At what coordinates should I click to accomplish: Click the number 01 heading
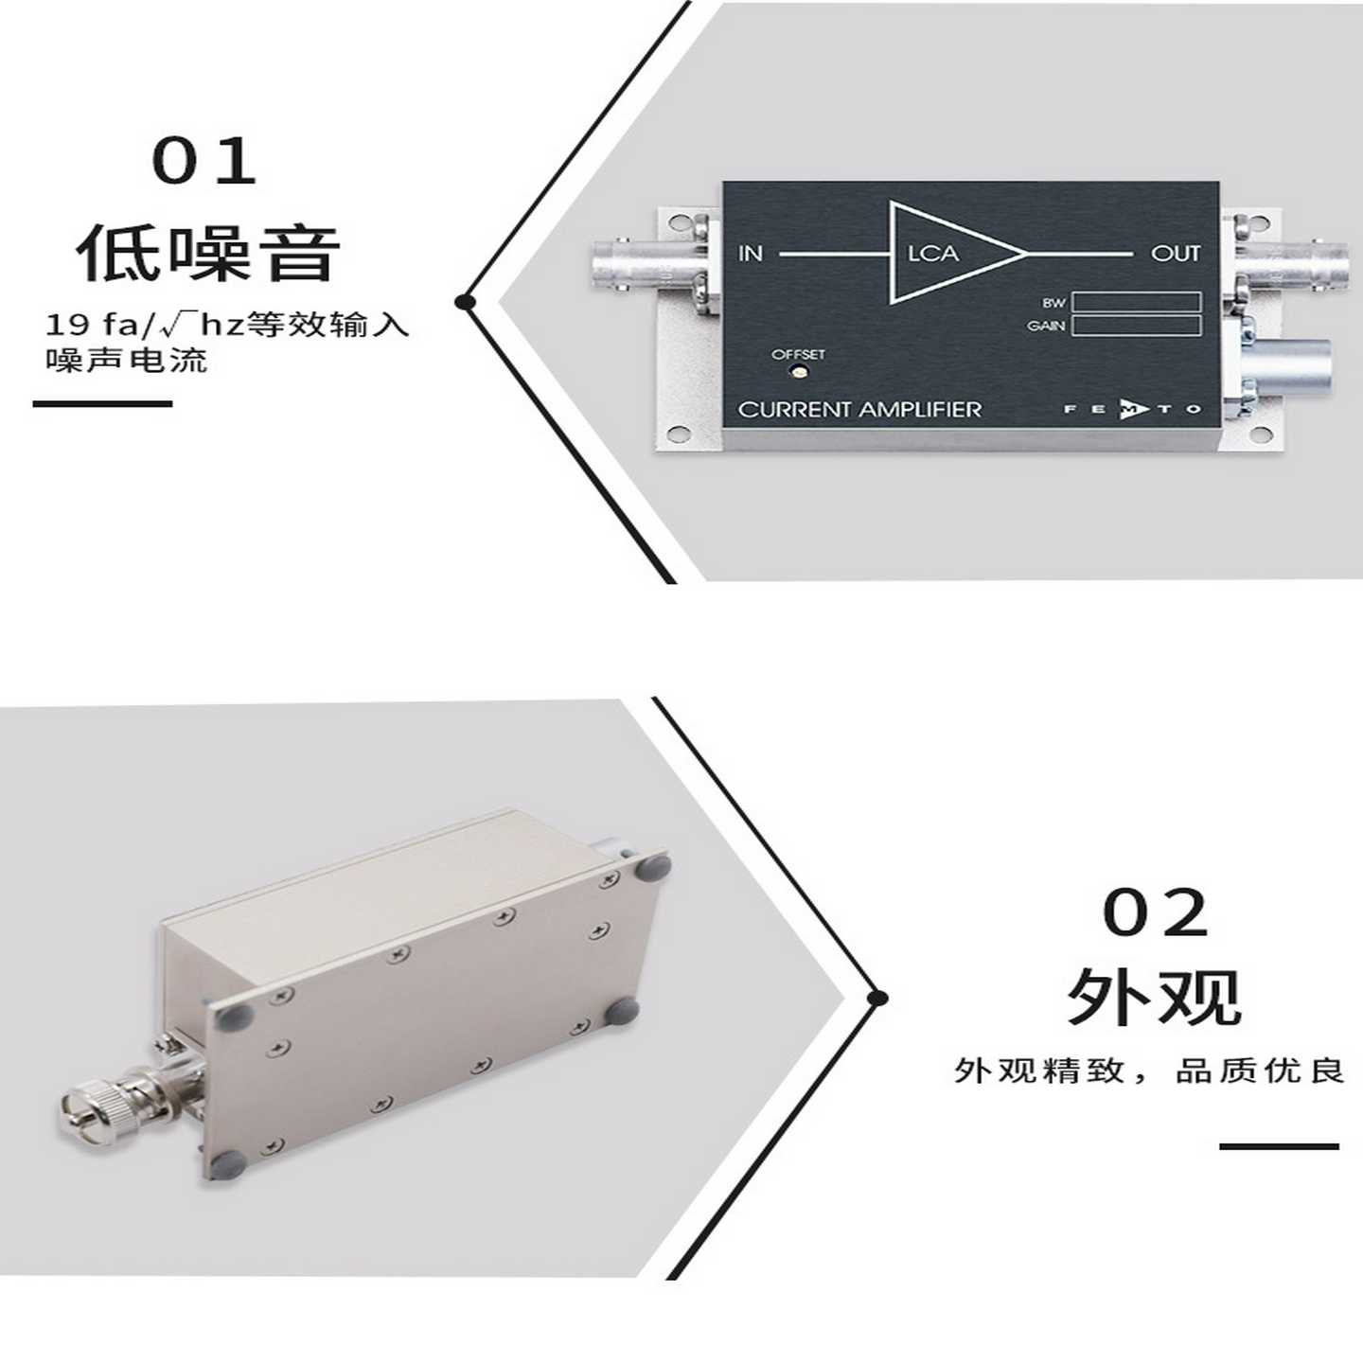(x=204, y=162)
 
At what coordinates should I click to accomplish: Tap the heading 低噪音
(x=208, y=254)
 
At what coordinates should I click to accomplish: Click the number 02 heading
(x=1156, y=913)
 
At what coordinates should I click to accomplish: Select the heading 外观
(x=1154, y=995)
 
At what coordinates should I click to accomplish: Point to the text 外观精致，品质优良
(x=1149, y=1071)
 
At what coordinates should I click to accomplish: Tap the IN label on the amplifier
(x=751, y=254)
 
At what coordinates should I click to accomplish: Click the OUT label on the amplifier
(x=1175, y=254)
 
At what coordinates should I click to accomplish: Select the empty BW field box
(x=1136, y=303)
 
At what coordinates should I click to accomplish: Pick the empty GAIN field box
(x=1136, y=326)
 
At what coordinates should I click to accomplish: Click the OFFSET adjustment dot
(x=798, y=372)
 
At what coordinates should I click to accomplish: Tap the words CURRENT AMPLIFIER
(x=859, y=410)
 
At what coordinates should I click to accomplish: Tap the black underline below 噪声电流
(x=102, y=404)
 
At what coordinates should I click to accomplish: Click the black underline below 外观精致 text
(x=1279, y=1147)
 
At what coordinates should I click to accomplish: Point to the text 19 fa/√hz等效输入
(x=227, y=326)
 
